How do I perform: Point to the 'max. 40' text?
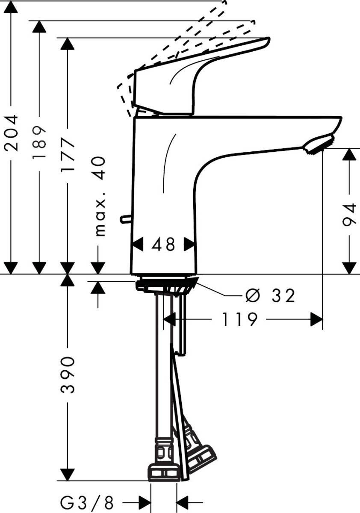[99, 196]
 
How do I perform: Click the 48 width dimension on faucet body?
[164, 245]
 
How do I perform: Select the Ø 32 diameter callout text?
[270, 295]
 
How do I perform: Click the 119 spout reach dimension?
[239, 319]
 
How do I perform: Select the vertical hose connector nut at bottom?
[164, 472]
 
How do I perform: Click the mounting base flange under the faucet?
[167, 286]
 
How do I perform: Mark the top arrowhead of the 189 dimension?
[40, 27]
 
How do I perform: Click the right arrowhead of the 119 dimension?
[316, 319]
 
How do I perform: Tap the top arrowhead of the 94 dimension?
[350, 154]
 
